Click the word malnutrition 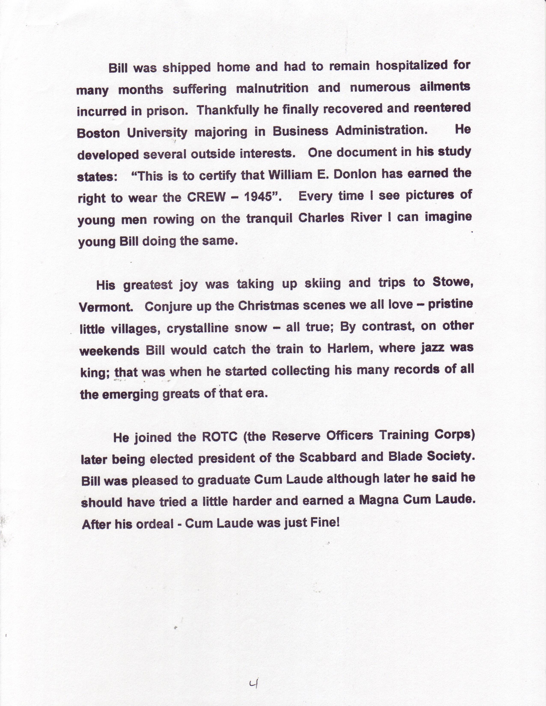(x=272, y=88)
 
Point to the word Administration (x=381, y=131)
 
